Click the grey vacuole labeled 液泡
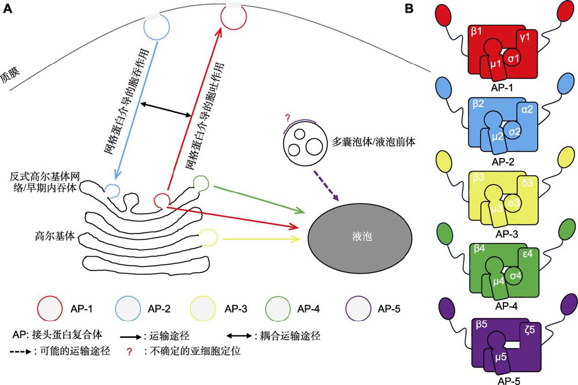tap(360, 237)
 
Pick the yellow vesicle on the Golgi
tap(209, 236)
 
